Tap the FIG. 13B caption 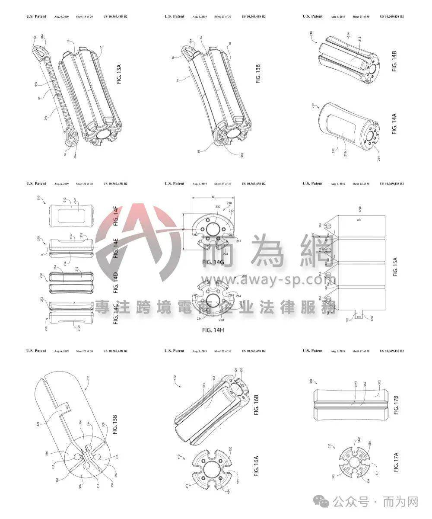pos(258,74)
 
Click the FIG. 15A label pos(395,266)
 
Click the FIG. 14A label pos(394,124)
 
